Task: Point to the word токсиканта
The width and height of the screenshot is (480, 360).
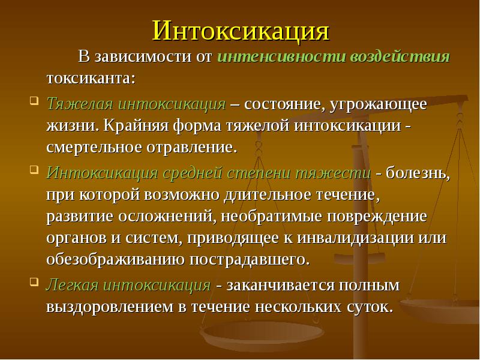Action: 89,79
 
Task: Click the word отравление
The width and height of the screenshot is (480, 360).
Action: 193,147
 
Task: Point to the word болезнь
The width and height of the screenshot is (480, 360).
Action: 419,173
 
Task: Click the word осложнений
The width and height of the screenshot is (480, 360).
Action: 184,216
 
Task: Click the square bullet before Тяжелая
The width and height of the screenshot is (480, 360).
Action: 34,100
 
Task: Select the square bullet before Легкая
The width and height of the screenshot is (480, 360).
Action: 34,281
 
